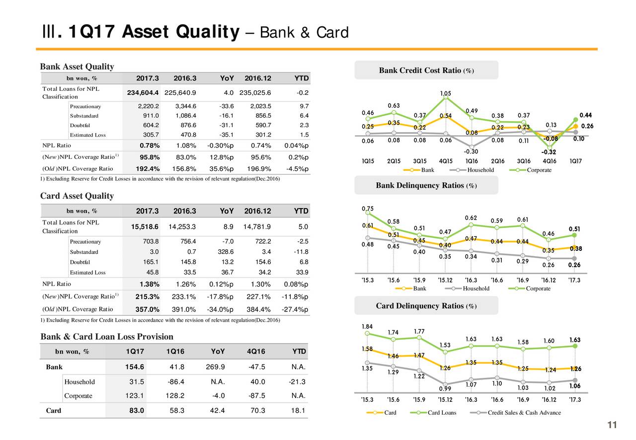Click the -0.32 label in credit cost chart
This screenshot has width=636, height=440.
[549, 152]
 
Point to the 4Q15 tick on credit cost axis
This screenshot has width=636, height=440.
[446, 161]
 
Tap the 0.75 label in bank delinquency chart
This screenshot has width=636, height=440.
[368, 208]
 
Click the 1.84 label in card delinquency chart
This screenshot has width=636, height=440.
[368, 326]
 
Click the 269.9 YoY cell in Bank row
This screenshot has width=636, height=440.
[216, 367]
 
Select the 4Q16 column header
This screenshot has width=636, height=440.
[255, 352]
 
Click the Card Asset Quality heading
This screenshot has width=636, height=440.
[77, 196]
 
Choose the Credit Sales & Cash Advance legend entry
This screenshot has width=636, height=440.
[524, 413]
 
